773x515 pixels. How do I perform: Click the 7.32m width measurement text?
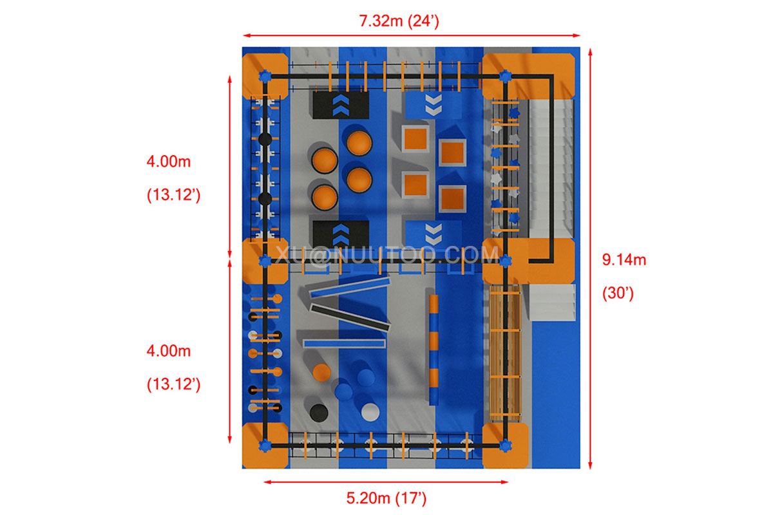[x=381, y=20]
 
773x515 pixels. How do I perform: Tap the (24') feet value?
[x=423, y=20]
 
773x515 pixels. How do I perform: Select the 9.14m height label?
[x=624, y=260]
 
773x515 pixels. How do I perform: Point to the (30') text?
[x=618, y=294]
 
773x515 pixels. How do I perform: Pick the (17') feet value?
[x=411, y=498]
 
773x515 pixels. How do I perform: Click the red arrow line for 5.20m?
[x=386, y=481]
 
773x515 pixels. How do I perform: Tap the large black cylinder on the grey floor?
[x=318, y=411]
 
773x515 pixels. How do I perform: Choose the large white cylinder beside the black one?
[x=370, y=411]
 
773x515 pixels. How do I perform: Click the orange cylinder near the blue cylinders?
[x=321, y=372]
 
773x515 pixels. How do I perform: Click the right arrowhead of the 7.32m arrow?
[x=577, y=35]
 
